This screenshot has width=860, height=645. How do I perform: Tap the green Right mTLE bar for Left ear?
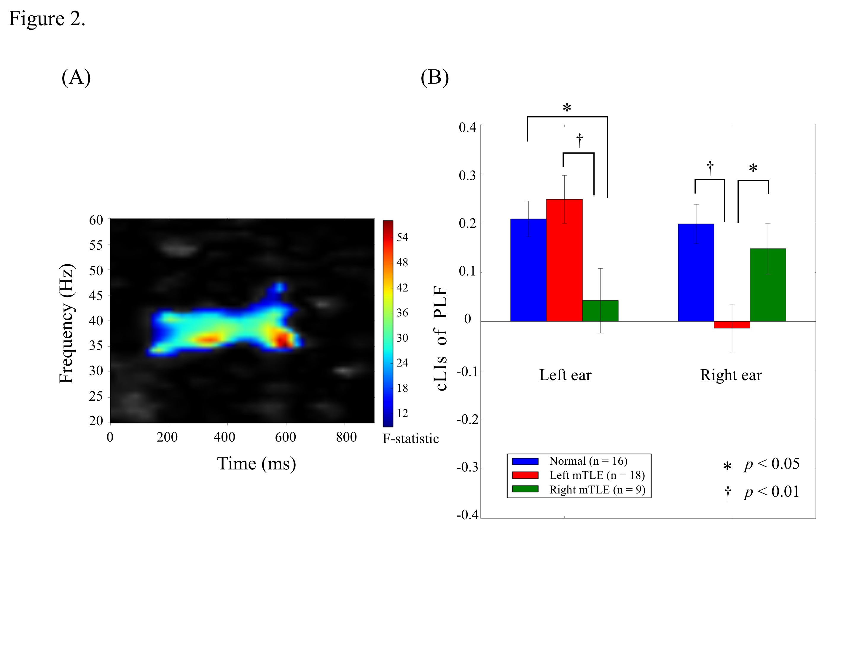tap(600, 311)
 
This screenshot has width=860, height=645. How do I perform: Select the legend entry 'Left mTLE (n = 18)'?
tap(597, 475)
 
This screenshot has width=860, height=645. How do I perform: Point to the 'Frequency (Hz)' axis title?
tap(66, 324)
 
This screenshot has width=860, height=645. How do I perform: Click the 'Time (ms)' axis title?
tap(257, 464)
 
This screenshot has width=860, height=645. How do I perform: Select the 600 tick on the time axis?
tap(285, 437)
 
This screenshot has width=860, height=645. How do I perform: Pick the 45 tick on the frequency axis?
tap(96, 295)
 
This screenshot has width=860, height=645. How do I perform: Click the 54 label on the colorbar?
tap(402, 237)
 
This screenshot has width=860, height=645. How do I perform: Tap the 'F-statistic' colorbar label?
tap(410, 439)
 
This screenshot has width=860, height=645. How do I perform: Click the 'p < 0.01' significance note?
tap(771, 492)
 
